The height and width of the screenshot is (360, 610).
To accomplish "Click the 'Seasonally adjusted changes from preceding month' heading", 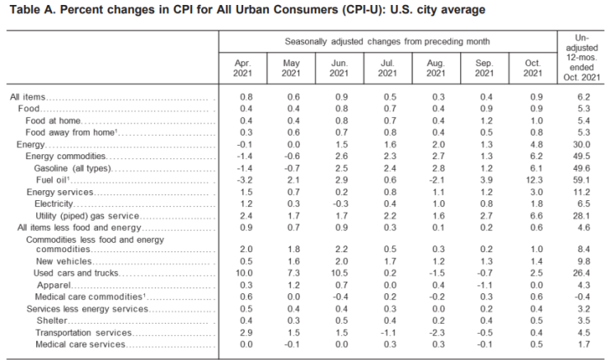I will [x=387, y=40].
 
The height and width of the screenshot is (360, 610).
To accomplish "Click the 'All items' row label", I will [x=26, y=97].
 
